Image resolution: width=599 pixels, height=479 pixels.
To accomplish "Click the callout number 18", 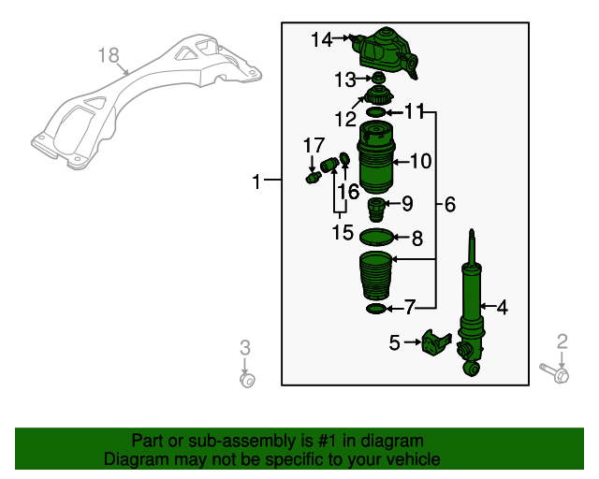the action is tap(109, 55).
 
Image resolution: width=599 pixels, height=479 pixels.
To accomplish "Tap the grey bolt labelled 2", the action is tap(555, 372).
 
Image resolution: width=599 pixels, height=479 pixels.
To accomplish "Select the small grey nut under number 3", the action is tap(247, 380).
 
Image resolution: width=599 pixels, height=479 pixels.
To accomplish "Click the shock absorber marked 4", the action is tap(472, 306).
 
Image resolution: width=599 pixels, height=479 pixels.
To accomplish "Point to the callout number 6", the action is tap(450, 204).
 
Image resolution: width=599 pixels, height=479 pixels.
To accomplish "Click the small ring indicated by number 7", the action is tap(376, 308).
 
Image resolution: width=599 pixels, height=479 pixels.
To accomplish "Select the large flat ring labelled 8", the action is tap(376, 237).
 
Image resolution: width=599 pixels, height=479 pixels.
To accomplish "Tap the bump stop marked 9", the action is tap(376, 210).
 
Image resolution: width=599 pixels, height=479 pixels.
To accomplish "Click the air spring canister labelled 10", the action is tap(376, 156).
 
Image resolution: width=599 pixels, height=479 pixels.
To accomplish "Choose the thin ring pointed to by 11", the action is tap(376, 112).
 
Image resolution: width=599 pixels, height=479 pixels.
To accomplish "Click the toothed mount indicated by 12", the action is tap(378, 95).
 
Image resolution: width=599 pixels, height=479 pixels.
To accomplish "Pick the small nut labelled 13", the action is tap(378, 78).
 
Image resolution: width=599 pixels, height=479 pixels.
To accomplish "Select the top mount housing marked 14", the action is tap(386, 51).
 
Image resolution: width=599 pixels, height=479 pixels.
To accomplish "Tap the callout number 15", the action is tap(343, 232).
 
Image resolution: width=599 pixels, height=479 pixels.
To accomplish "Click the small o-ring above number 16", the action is tap(344, 157).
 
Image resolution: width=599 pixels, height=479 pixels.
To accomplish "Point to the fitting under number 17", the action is tap(313, 178).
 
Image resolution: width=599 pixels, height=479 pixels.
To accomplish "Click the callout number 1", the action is tap(256, 181).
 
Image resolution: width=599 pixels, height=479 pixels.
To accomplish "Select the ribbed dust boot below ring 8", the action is tap(376, 276).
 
